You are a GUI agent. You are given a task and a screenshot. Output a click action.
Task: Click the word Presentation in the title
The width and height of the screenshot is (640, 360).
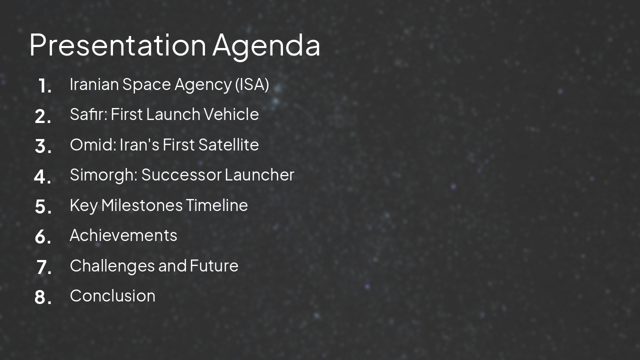(117, 45)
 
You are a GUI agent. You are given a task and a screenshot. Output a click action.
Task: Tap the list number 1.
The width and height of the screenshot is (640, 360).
(45, 86)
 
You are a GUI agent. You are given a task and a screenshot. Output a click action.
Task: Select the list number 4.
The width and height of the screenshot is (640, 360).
(43, 176)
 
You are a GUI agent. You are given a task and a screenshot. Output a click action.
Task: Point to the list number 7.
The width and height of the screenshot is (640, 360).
(44, 267)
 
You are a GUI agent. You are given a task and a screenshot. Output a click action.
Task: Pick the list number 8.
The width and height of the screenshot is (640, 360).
(43, 297)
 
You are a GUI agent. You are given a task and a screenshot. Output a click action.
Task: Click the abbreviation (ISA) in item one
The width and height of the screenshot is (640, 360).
(252, 84)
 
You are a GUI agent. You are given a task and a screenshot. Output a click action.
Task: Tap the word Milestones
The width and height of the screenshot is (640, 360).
(142, 205)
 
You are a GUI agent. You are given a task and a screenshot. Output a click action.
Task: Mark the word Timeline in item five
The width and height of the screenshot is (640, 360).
(217, 205)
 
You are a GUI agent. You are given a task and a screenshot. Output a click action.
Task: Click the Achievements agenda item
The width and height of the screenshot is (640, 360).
(123, 235)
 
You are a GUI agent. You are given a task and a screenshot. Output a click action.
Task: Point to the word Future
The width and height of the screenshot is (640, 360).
(214, 265)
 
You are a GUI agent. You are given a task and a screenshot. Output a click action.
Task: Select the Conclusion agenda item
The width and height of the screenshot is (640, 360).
(112, 295)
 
